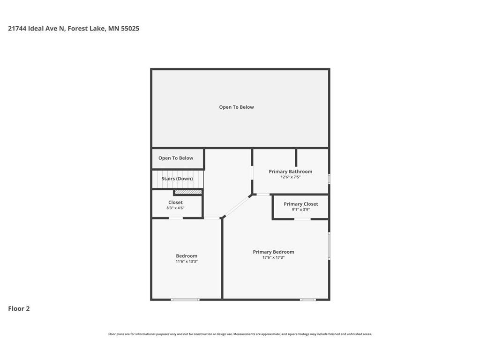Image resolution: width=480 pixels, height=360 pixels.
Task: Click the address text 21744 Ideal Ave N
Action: (x=37, y=29)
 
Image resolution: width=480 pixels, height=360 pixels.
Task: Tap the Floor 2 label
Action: (x=19, y=308)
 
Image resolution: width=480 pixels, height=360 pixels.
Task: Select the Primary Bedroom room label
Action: (x=273, y=252)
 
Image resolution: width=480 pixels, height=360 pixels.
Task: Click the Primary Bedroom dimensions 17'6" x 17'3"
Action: (x=273, y=257)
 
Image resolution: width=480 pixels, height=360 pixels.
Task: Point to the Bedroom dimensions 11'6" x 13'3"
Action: (x=187, y=262)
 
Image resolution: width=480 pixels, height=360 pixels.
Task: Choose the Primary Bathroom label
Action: (x=291, y=172)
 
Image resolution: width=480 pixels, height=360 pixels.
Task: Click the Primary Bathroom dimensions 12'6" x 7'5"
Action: (x=291, y=177)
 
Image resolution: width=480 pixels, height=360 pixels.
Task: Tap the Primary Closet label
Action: (x=300, y=204)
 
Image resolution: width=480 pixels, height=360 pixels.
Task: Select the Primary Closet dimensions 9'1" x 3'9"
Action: (x=300, y=210)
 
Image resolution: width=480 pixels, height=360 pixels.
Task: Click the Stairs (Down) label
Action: (x=177, y=179)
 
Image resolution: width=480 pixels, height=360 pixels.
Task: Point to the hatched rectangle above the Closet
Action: (x=188, y=192)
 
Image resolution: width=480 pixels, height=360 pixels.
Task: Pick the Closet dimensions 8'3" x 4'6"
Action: (x=175, y=208)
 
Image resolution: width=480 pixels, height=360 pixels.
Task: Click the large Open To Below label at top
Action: (x=236, y=107)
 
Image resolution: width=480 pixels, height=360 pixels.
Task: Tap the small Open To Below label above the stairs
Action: (x=176, y=158)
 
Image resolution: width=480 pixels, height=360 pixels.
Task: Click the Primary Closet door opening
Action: (x=302, y=219)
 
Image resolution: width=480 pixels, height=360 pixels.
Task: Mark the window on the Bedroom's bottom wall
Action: (x=185, y=300)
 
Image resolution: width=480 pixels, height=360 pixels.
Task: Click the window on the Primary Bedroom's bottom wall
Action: (x=307, y=300)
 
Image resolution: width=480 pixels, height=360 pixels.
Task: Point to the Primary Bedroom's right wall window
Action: (x=329, y=246)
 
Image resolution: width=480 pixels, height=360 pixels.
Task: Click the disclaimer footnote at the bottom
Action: (x=240, y=334)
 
